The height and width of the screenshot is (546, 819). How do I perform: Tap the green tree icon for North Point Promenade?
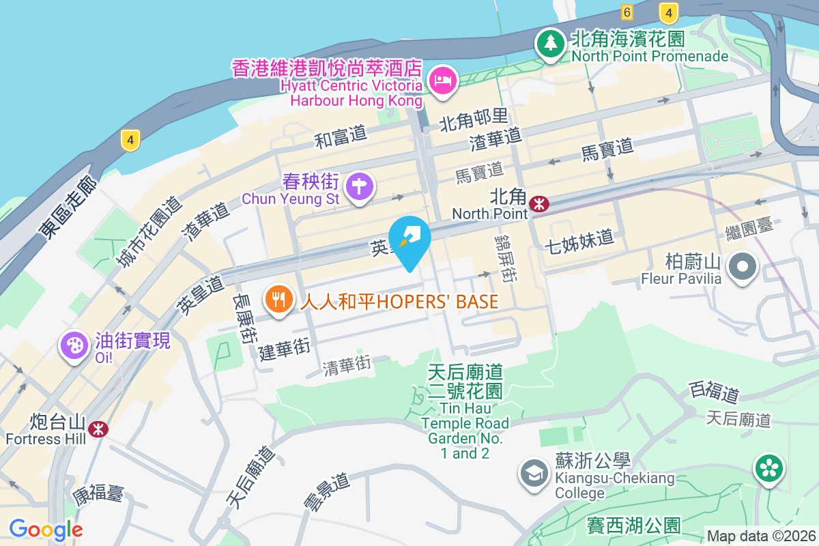point(549,44)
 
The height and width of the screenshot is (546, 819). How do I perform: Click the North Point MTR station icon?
point(539,203)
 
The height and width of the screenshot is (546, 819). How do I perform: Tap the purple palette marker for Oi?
point(74,345)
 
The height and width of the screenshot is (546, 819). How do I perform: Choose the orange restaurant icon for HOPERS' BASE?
point(278,300)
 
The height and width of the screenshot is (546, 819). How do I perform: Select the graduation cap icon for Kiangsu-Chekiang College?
point(533,473)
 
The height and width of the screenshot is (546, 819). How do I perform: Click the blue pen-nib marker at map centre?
point(409,240)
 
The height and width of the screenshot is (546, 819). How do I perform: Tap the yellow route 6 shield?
point(627,12)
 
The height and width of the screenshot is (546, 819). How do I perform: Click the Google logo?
point(46,529)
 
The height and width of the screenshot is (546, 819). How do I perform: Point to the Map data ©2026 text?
point(760,536)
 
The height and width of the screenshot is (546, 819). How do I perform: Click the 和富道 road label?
point(341,137)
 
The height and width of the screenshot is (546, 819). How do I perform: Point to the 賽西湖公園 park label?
point(634,526)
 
